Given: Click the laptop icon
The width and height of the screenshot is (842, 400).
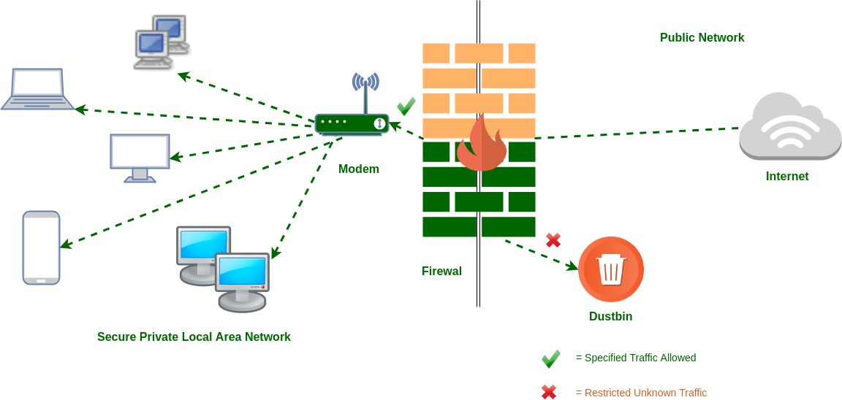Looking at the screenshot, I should [x=37, y=90].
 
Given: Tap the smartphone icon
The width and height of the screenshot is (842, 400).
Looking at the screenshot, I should [x=41, y=247].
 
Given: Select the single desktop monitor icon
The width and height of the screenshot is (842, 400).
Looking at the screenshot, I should [x=140, y=157].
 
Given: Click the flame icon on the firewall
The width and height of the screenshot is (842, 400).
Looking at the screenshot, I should [x=481, y=143].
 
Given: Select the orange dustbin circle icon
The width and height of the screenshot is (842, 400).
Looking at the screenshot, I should [x=610, y=269].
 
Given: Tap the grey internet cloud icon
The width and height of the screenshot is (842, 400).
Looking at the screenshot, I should [x=789, y=127].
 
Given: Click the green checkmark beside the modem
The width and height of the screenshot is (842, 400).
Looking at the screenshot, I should [x=406, y=107].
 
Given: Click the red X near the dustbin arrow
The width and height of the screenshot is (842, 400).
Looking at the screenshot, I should [x=553, y=239].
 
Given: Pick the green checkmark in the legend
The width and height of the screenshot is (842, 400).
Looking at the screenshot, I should [x=550, y=358].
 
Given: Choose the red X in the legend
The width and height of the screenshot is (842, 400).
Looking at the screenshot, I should [x=549, y=393].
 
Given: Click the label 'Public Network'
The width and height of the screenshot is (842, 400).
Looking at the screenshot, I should [x=702, y=38].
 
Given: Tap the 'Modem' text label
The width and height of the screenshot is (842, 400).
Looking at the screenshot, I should [x=358, y=169].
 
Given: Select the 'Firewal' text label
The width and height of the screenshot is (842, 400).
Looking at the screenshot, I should [x=441, y=272].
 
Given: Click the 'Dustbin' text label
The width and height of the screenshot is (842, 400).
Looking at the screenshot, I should [x=610, y=317].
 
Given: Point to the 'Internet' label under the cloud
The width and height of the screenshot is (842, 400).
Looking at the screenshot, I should [x=786, y=177].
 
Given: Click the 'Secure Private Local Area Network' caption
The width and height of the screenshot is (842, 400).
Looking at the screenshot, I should [x=194, y=337].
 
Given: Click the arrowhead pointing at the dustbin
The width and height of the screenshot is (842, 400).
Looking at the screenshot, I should [x=573, y=267].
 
